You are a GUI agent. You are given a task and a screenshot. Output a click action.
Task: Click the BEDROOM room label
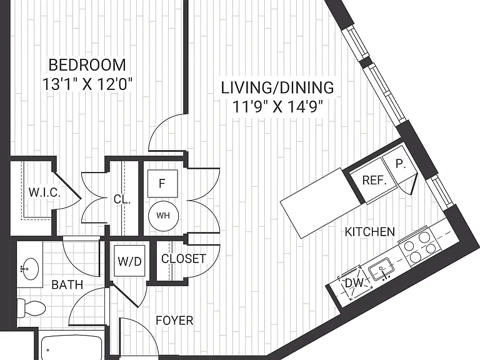(x=87, y=65)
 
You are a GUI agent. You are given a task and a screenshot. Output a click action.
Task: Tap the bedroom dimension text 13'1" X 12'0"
(x=87, y=84)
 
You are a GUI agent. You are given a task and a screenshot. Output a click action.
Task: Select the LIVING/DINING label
(x=277, y=88)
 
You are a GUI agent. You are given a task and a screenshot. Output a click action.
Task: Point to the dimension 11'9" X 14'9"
(x=277, y=107)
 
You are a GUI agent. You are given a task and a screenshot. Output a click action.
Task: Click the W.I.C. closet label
(x=44, y=192)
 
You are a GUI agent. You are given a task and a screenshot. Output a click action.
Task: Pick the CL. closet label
(x=122, y=199)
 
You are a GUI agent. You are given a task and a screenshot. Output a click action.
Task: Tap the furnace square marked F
(x=162, y=183)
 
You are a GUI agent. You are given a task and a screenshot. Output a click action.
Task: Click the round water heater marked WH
(x=163, y=216)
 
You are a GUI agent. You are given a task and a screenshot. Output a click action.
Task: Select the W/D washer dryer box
(x=129, y=261)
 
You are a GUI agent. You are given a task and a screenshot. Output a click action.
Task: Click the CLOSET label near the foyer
(x=184, y=259)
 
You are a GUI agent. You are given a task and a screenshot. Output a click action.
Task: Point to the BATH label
(x=67, y=285)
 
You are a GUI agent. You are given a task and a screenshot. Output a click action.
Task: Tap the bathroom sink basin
(x=29, y=269)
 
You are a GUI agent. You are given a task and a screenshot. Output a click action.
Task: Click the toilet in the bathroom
(x=31, y=307)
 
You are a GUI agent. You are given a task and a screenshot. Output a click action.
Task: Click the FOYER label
(x=174, y=321)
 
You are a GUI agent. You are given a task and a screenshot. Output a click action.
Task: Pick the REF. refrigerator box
(x=374, y=181)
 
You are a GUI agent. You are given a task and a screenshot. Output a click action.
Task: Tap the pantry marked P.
(x=400, y=164)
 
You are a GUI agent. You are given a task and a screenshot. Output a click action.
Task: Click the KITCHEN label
(x=370, y=232)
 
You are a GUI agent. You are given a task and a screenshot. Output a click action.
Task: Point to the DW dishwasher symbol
(x=354, y=282)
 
